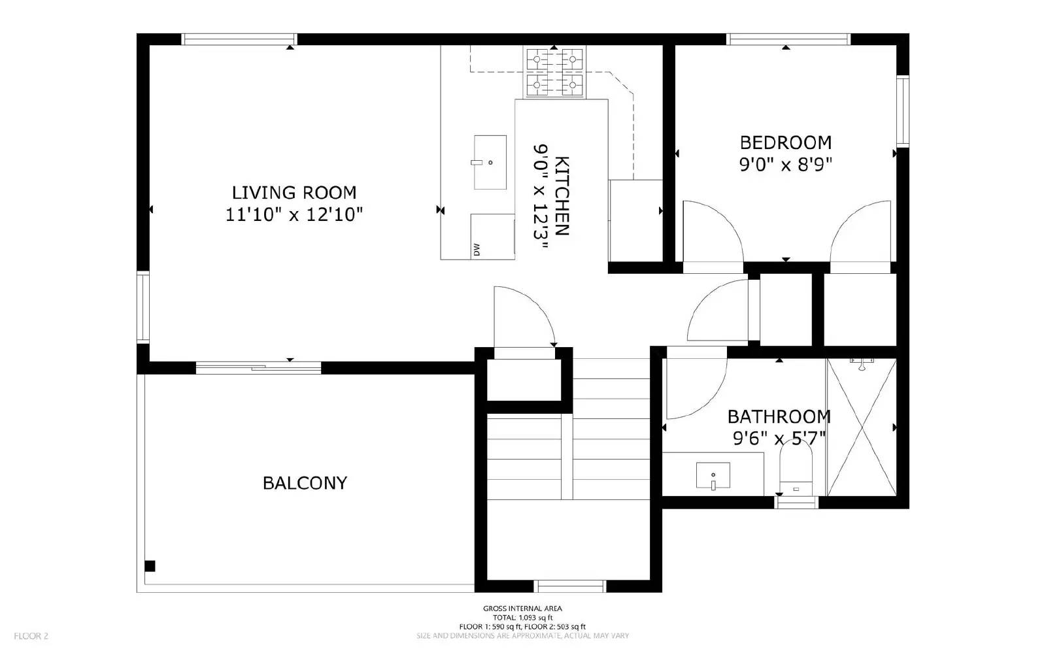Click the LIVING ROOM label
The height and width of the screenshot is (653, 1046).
294,192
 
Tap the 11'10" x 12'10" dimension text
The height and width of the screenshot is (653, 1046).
294,214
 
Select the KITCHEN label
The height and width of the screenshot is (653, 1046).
562,196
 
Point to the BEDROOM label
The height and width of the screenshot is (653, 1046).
786,142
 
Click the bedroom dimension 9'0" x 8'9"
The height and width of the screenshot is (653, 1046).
786,164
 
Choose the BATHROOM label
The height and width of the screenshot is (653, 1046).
779,416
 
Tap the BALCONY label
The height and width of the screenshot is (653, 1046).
305,483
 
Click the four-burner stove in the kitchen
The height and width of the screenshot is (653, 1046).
554,71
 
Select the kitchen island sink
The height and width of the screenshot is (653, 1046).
490,162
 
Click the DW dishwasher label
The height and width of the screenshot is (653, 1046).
476,249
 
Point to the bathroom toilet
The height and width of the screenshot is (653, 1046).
796,471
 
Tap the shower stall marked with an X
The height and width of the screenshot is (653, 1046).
860,427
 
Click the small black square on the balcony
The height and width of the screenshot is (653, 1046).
150,566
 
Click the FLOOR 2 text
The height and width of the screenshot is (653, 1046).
31,635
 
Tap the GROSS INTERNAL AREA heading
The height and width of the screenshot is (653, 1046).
522,609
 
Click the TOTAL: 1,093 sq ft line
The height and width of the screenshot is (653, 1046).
522,618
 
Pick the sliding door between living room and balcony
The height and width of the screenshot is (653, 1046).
258,368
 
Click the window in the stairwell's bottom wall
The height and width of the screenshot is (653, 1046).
570,586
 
